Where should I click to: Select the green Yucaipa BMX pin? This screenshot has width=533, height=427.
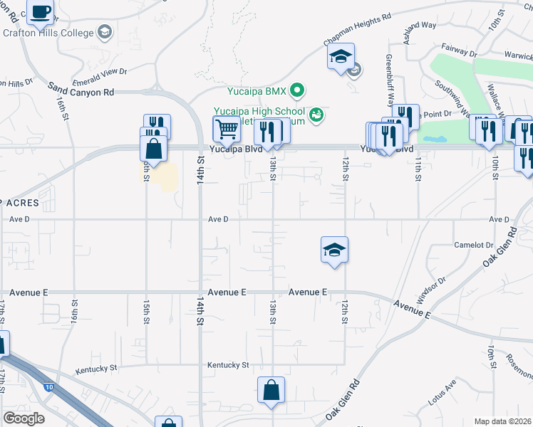click(x=299, y=90)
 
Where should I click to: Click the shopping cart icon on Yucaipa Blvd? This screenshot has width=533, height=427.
click(x=227, y=130)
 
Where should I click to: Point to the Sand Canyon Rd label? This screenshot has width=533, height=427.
click(x=81, y=89)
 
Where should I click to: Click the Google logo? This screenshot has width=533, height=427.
click(x=24, y=418)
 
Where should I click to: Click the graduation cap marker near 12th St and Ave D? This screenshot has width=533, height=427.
click(x=334, y=251)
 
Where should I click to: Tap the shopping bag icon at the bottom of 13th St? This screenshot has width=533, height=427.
click(x=271, y=390)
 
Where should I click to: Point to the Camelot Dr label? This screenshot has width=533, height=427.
click(x=473, y=245)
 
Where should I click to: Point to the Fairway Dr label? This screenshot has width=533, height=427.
click(x=459, y=52)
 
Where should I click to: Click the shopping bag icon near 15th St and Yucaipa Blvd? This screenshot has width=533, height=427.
click(x=154, y=149)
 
